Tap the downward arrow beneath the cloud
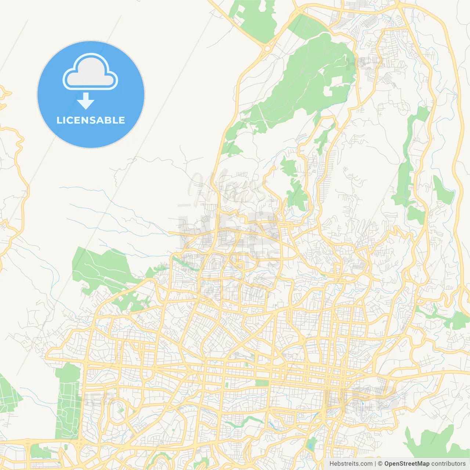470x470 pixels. pos(86,101)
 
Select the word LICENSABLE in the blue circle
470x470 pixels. pos(91,120)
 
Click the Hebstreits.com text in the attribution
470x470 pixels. pos(351,464)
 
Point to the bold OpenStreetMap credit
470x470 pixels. pos(406,464)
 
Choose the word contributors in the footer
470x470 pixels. pos(448,464)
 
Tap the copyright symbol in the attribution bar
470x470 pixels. pos(380,464)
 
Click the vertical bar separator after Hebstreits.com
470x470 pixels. pos(375,464)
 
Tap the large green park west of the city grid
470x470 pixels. pos(99,268)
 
